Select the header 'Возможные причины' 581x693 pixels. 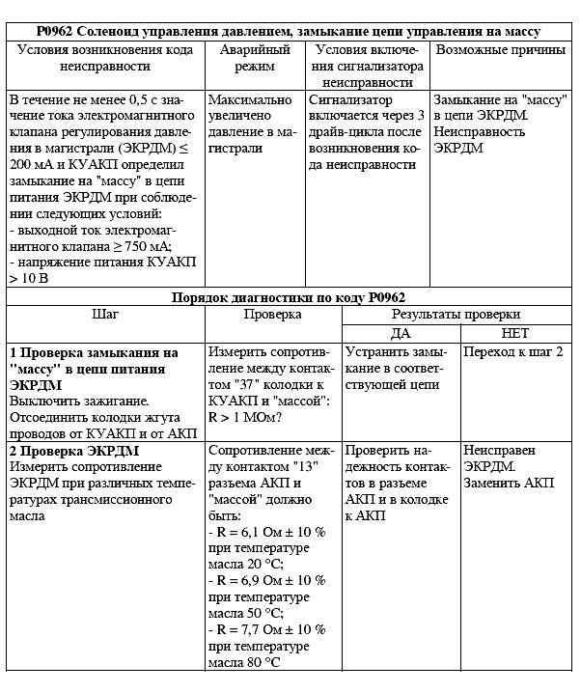pos(500,49)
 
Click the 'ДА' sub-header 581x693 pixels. pos(400,332)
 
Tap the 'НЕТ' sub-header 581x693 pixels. pos(515,332)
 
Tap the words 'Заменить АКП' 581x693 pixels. pos(509,484)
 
